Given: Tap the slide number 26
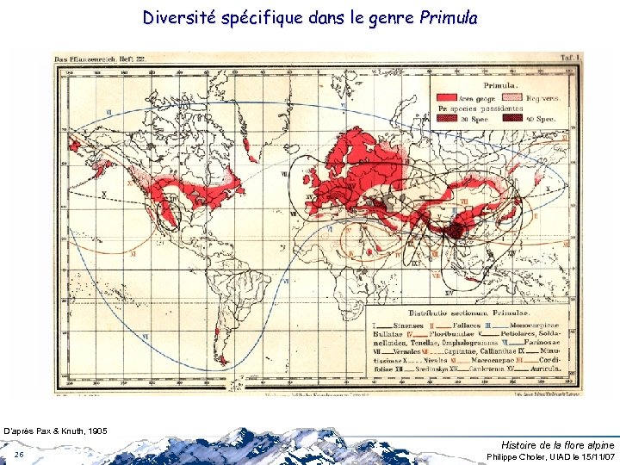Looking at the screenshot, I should click(19, 454).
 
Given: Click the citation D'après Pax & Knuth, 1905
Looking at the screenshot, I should click(56, 429).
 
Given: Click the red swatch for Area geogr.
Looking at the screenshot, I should click(448, 98).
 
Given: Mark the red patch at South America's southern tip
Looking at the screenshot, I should click(223, 360).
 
